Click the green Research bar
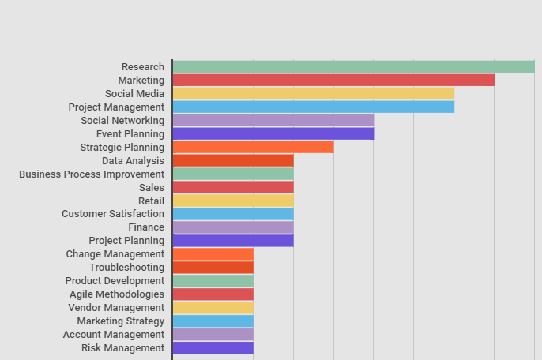pos(353,67)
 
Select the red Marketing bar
pos(333,81)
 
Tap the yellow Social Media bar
pos(313,94)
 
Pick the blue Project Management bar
pos(313,107)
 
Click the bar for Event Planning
pos(273,134)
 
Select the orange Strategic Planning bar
pos(253,148)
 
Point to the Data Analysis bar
pos(233,161)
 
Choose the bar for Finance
pos(233,227)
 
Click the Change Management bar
pos(213,254)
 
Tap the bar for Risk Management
pos(213,348)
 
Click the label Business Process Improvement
pos(92,174)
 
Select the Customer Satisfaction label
pos(113,214)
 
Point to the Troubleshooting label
pos(126,268)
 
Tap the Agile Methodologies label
pos(117,294)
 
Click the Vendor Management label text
pos(116,308)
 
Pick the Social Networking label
pos(122,121)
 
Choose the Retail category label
pos(151,201)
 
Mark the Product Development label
pos(115,281)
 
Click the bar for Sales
pos(233,188)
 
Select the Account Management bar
pos(213,335)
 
